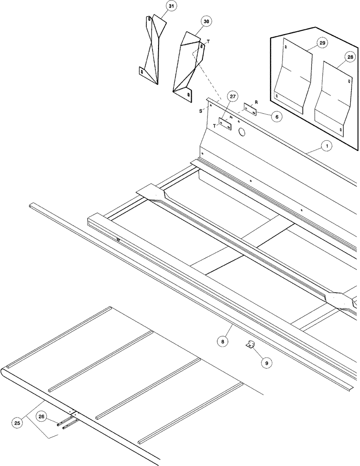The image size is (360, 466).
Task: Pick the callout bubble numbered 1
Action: pyautogui.click(x=327, y=147)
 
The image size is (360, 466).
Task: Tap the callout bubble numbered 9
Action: pyautogui.click(x=267, y=362)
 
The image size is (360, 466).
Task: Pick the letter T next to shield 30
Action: pyautogui.click(x=208, y=42)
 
